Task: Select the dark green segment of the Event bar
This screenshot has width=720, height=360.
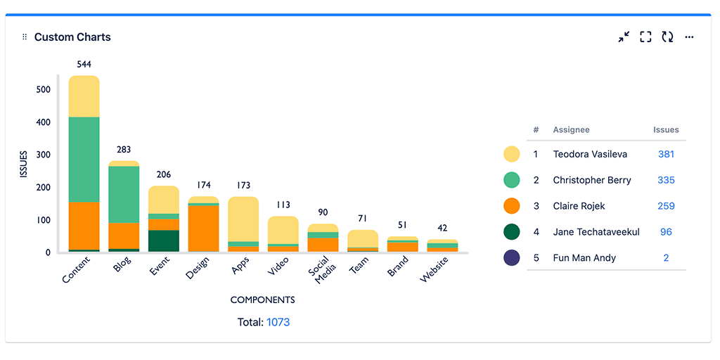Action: click(164, 241)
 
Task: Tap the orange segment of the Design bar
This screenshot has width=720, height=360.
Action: click(203, 229)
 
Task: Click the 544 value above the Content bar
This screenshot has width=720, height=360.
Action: click(84, 65)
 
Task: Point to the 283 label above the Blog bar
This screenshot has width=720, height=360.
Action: click(124, 150)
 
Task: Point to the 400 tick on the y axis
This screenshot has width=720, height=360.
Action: click(44, 122)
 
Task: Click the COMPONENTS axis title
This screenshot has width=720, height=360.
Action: click(262, 300)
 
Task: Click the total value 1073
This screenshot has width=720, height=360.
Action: click(278, 322)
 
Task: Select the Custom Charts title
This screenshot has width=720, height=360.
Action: click(72, 37)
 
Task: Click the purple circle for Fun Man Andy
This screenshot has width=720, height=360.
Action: click(512, 258)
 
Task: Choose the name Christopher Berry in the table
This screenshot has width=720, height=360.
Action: click(592, 180)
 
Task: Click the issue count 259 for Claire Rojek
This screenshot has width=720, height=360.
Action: click(666, 206)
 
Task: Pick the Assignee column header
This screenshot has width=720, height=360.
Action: click(571, 130)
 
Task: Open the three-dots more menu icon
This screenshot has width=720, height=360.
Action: click(689, 37)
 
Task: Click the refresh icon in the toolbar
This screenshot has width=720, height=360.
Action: click(667, 37)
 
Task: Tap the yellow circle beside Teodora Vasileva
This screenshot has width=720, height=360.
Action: click(512, 154)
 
